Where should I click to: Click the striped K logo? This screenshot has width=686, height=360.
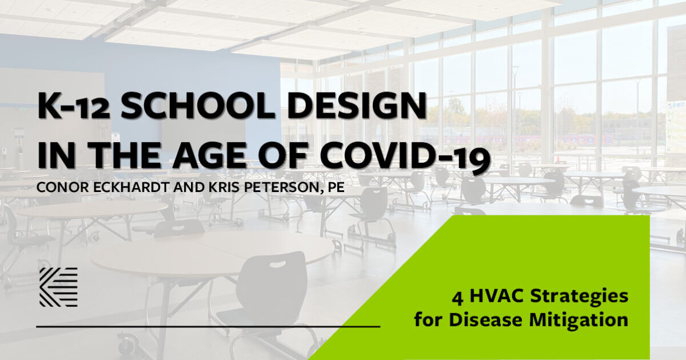click(58, 287)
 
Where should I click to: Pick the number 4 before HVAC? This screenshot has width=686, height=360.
click(457, 297)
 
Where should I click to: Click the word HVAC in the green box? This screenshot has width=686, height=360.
click(493, 297)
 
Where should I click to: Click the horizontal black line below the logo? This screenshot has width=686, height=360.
click(208, 327)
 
